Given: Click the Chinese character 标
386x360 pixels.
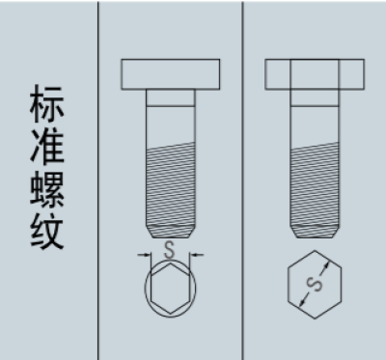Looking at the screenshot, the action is tap(47, 103).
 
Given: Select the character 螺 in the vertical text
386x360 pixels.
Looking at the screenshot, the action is tap(47, 189).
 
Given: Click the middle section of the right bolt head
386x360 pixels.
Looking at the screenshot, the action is tap(315, 74).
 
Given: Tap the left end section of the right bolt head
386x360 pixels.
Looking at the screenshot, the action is tap(278, 74).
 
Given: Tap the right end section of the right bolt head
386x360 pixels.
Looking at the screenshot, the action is tap(351, 74).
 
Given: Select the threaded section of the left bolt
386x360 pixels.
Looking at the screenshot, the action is tap(171, 185).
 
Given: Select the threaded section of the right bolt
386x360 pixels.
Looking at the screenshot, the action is tap(315, 185).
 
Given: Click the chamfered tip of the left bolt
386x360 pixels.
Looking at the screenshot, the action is tap(171, 232).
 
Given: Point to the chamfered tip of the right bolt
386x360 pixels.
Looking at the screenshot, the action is tap(315, 232).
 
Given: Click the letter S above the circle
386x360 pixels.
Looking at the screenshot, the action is tap(169, 250).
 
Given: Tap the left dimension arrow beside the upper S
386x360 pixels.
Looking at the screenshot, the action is tap(145, 255).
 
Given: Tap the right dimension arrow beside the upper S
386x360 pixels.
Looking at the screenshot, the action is tap(196, 255).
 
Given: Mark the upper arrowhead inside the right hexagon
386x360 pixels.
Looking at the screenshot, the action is tap(326, 265).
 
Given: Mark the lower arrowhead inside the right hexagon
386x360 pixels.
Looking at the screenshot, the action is tap(302, 302).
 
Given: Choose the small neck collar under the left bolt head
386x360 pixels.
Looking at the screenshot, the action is tap(171, 98).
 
